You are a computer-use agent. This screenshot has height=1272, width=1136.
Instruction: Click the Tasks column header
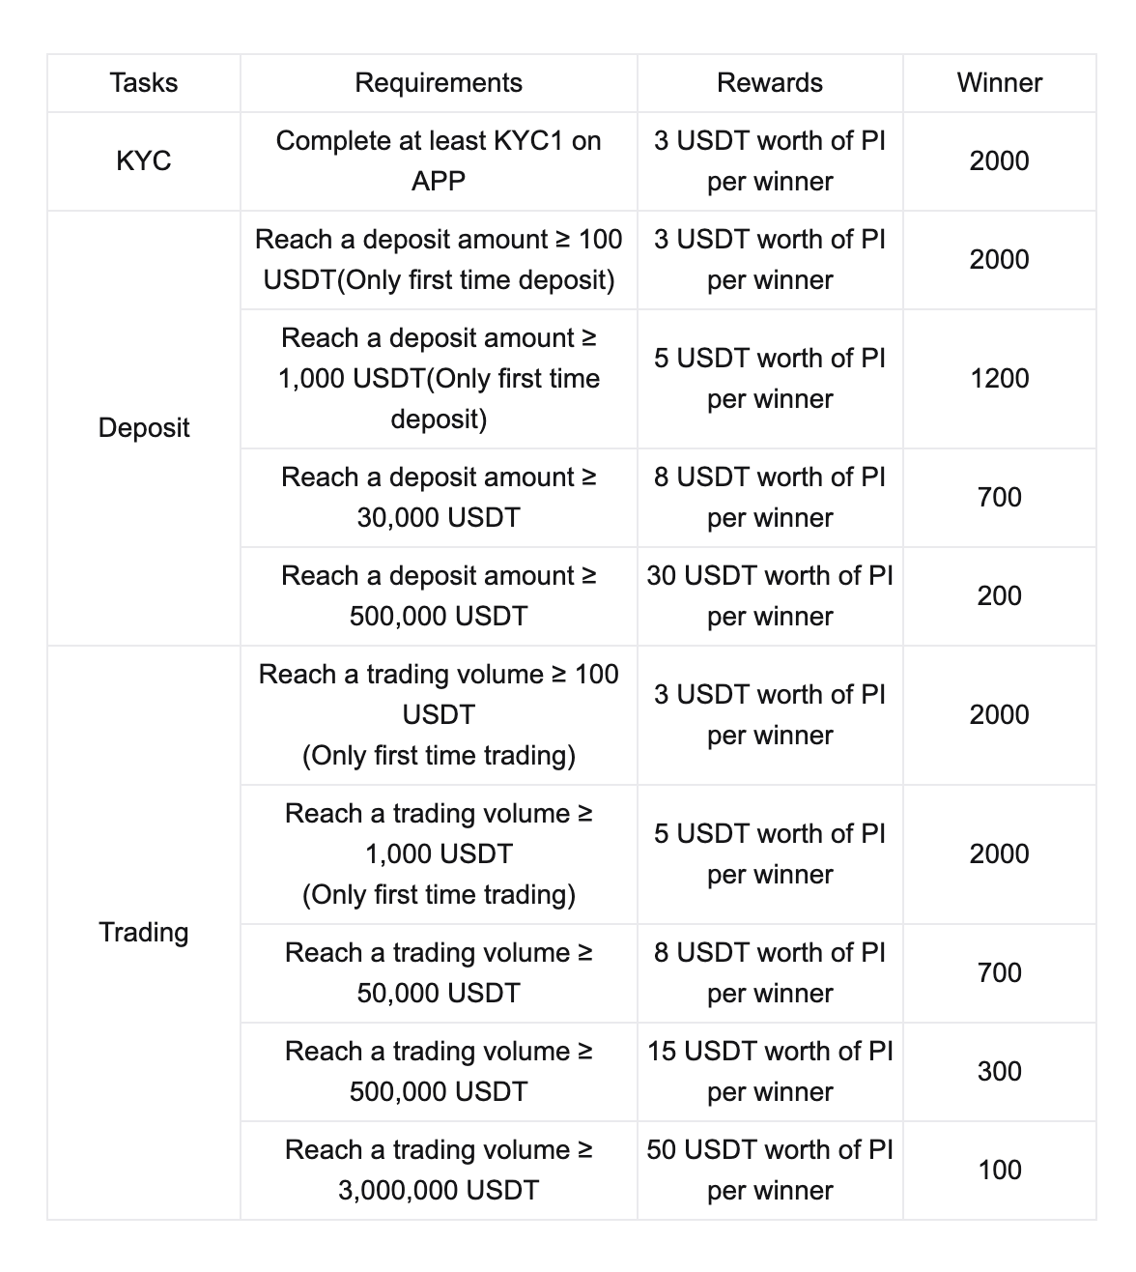pos(144,83)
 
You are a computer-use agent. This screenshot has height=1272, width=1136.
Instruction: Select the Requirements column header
pos(439,83)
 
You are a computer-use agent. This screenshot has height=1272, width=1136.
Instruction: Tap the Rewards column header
pos(770,83)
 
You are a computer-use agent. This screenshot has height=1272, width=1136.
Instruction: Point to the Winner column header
pos(999,83)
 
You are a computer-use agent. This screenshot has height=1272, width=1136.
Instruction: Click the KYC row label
pos(144,160)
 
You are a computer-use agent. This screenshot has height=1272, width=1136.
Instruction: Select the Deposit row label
pos(144,427)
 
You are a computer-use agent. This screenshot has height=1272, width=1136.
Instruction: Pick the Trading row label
pos(144,932)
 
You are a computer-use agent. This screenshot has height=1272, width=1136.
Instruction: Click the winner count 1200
pos(999,378)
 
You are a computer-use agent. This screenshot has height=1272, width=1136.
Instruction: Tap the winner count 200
pos(999,595)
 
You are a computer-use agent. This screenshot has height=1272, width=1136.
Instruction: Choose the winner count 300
pos(999,1071)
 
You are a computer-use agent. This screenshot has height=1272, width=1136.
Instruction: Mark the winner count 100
pos(999,1170)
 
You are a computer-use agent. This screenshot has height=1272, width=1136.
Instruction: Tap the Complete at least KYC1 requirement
pos(439,141)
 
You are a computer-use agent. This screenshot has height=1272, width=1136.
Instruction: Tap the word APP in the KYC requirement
pos(439,182)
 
